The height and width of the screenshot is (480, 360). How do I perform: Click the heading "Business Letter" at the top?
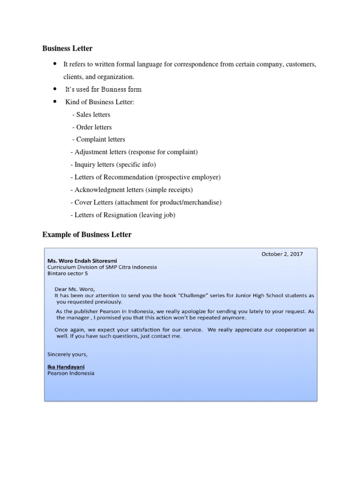67,48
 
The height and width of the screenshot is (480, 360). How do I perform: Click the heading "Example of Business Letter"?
87,234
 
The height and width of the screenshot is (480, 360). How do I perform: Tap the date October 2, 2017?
282,254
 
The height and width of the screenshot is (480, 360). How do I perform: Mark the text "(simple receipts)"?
169,190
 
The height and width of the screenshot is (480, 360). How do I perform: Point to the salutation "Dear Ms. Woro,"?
77,289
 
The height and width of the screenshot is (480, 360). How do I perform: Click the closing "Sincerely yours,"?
67,354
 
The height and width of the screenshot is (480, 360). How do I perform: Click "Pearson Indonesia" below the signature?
71,374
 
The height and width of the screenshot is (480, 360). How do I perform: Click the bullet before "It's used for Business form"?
55,89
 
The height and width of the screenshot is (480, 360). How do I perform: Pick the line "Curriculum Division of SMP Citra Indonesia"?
102,267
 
